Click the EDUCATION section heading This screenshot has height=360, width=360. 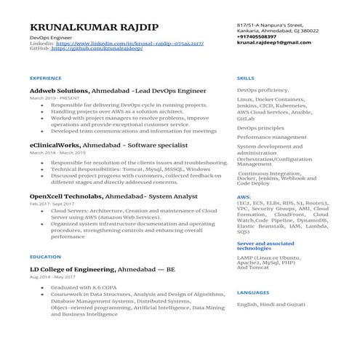pos(45,257)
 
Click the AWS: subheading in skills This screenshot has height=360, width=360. pos(244,196)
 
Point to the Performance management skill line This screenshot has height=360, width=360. pos(272,137)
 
